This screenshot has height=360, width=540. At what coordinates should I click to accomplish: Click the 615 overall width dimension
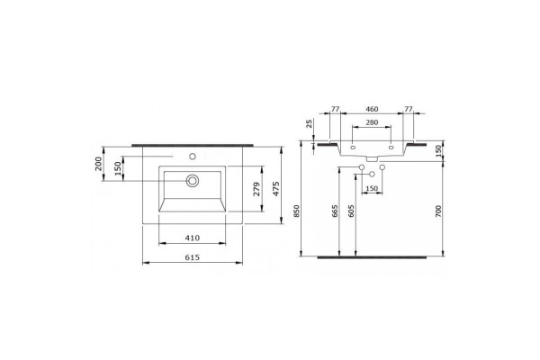[x=193, y=257]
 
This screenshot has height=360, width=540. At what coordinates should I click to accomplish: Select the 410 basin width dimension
[x=193, y=238]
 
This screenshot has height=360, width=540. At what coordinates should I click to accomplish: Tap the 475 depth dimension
[x=276, y=188]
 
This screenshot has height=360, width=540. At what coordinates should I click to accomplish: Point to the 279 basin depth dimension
[x=256, y=189]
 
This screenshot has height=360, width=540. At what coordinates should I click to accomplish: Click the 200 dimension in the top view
[x=99, y=164]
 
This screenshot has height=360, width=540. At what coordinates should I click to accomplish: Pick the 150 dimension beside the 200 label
[x=118, y=168]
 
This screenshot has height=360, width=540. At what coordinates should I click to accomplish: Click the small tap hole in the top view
[x=193, y=157]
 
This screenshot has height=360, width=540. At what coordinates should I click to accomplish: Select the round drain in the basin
[x=193, y=181]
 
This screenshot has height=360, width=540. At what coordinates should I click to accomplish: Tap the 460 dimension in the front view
[x=372, y=109]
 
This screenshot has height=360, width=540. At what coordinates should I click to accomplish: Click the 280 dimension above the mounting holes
[x=372, y=122]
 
